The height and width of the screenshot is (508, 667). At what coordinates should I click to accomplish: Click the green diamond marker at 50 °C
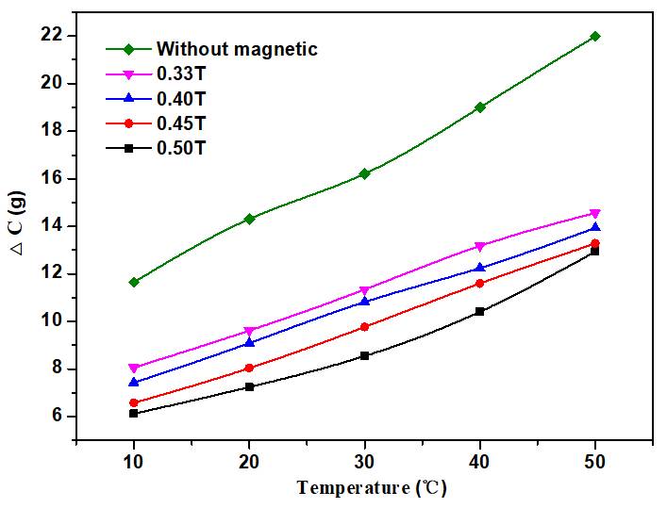[594, 36]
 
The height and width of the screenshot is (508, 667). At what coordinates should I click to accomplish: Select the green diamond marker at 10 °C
[134, 282]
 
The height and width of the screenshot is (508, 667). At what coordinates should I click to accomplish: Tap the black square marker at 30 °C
[364, 355]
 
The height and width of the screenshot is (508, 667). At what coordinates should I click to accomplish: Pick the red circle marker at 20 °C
[249, 368]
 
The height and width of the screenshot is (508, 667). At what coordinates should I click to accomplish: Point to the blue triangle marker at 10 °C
[134, 382]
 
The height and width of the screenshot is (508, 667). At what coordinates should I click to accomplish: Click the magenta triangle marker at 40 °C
[479, 247]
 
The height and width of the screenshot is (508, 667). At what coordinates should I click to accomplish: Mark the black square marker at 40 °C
[479, 311]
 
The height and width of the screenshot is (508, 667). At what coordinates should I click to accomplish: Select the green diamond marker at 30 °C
[364, 173]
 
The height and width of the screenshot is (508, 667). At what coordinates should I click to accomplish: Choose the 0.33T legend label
[180, 72]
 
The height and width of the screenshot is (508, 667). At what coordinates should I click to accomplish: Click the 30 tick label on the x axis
[364, 464]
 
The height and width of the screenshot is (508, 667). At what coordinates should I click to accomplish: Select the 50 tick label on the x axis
[594, 464]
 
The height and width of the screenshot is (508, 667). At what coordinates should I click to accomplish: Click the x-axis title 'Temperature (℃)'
[371, 488]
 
